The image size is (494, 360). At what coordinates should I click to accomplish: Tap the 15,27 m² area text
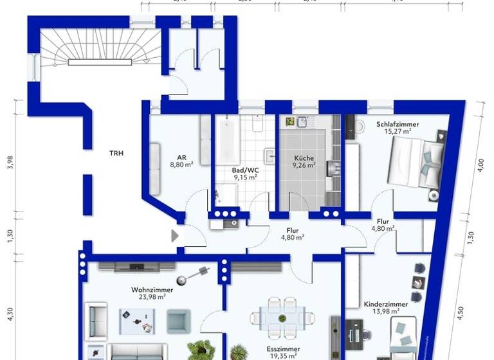coord(398,131)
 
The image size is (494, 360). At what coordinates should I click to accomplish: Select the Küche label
coord(304,157)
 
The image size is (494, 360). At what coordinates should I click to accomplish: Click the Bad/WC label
coord(245,170)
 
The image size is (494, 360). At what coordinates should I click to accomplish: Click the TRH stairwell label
coord(116,153)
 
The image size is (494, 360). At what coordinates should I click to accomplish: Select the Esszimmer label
coord(284,348)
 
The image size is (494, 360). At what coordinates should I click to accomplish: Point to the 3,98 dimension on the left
coord(10,164)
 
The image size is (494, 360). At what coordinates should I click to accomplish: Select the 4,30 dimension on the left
coord(10,315)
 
